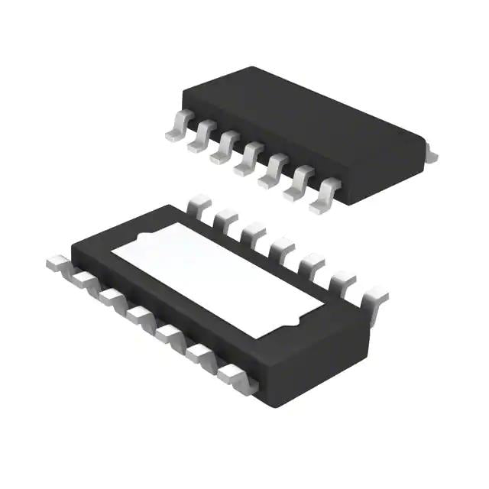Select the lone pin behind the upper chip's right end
pyautogui.click(x=431, y=155)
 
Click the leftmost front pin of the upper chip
pyautogui.click(x=176, y=129)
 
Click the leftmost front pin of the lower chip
pyautogui.click(x=60, y=263)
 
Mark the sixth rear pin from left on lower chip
pyautogui.click(x=341, y=280)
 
